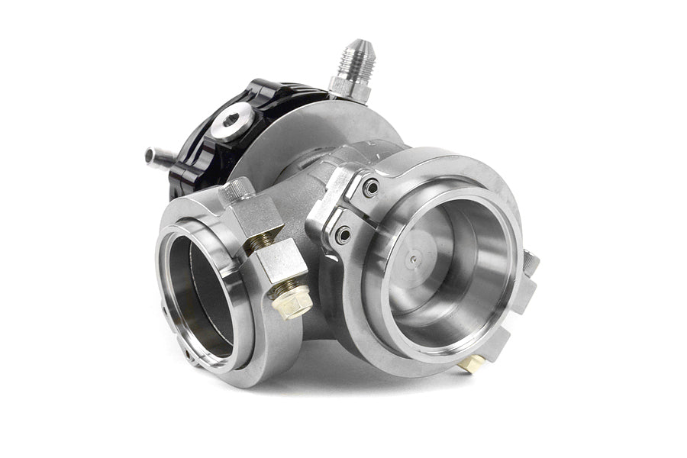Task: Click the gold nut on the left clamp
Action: click(x=292, y=301)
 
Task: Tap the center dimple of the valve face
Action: click(x=413, y=259)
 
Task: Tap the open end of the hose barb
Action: click(x=149, y=156)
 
